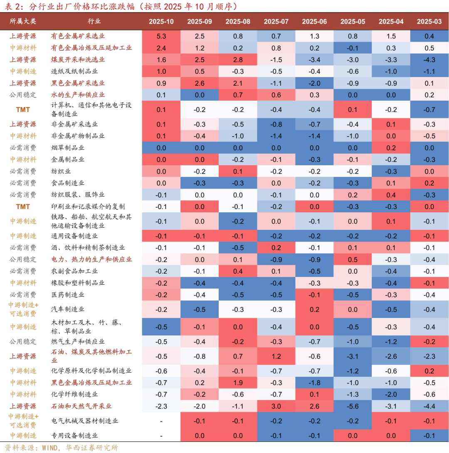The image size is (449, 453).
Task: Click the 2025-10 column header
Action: pos(161,22)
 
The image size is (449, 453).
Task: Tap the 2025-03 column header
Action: pos(429,22)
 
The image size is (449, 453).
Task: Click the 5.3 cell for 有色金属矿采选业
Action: pos(161,36)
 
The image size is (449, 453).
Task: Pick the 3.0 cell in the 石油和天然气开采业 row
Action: pos(276,406)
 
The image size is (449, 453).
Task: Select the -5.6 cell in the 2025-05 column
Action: pos(353,406)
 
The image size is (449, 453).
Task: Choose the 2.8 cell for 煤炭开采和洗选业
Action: pos(237,59)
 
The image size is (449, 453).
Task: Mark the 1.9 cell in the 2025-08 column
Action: pos(237,382)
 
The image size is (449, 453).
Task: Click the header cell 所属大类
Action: pos(23,22)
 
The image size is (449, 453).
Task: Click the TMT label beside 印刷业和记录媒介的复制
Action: pos(23,207)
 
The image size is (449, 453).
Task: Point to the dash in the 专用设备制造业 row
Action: pos(161,436)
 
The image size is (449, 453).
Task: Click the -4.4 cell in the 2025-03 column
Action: pos(429,406)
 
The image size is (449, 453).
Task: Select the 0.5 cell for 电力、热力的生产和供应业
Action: pos(353,259)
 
